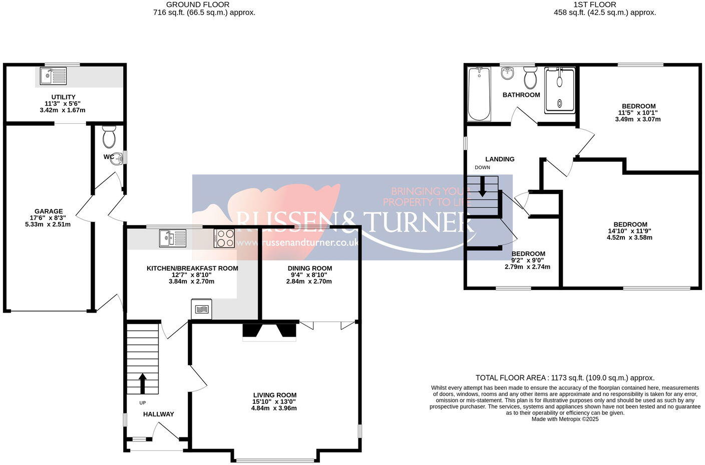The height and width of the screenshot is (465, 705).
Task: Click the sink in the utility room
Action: click(53, 76)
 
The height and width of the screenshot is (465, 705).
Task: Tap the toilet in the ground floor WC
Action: click(109, 136)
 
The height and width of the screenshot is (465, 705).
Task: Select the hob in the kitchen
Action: click(224, 238)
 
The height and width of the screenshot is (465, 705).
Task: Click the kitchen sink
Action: click(172, 238)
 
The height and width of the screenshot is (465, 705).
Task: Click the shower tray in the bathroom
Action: click(559, 90)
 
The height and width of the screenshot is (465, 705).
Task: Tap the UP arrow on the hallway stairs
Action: click(142, 383)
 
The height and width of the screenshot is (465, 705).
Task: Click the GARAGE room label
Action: click(49, 211)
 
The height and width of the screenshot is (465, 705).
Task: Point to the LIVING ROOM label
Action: click(274, 395)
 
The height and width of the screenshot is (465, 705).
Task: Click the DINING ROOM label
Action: click(309, 268)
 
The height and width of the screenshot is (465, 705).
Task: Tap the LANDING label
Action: click(500, 159)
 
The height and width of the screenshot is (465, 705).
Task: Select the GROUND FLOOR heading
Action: click(204, 5)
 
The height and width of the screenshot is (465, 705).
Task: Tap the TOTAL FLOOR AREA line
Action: click(565, 378)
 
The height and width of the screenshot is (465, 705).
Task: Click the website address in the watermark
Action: click(298, 243)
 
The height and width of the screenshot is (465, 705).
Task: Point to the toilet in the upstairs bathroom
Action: click(530, 78)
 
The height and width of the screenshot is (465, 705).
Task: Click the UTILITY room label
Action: click(63, 97)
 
